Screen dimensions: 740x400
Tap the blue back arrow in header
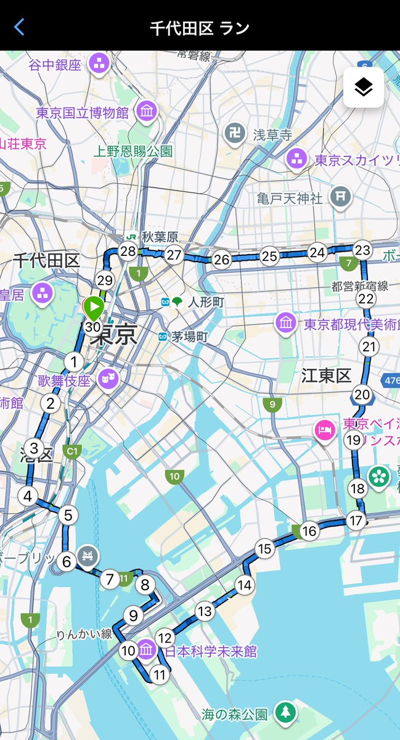click(x=20, y=27)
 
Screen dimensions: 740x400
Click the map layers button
click(x=364, y=88)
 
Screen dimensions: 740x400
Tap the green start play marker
click(x=94, y=306)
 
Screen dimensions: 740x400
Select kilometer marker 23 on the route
click(x=363, y=250)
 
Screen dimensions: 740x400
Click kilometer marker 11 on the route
click(x=160, y=675)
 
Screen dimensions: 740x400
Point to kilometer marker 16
click(x=309, y=530)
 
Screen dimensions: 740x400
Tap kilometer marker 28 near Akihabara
click(x=128, y=251)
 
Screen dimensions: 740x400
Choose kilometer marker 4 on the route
click(x=27, y=496)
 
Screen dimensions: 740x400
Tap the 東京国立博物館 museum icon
click(x=147, y=112)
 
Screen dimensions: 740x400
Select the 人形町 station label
click(x=206, y=302)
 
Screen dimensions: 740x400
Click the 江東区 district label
click(x=326, y=375)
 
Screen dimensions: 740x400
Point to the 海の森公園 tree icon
click(x=285, y=713)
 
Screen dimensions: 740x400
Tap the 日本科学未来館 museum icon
click(x=147, y=650)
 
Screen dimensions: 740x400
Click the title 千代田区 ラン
click(x=200, y=28)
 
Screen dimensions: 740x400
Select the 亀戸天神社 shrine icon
click(x=340, y=197)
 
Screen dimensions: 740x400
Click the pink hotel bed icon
click(x=324, y=430)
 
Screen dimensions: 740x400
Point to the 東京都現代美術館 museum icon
click(x=286, y=323)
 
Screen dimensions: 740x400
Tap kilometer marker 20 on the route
click(x=362, y=395)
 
